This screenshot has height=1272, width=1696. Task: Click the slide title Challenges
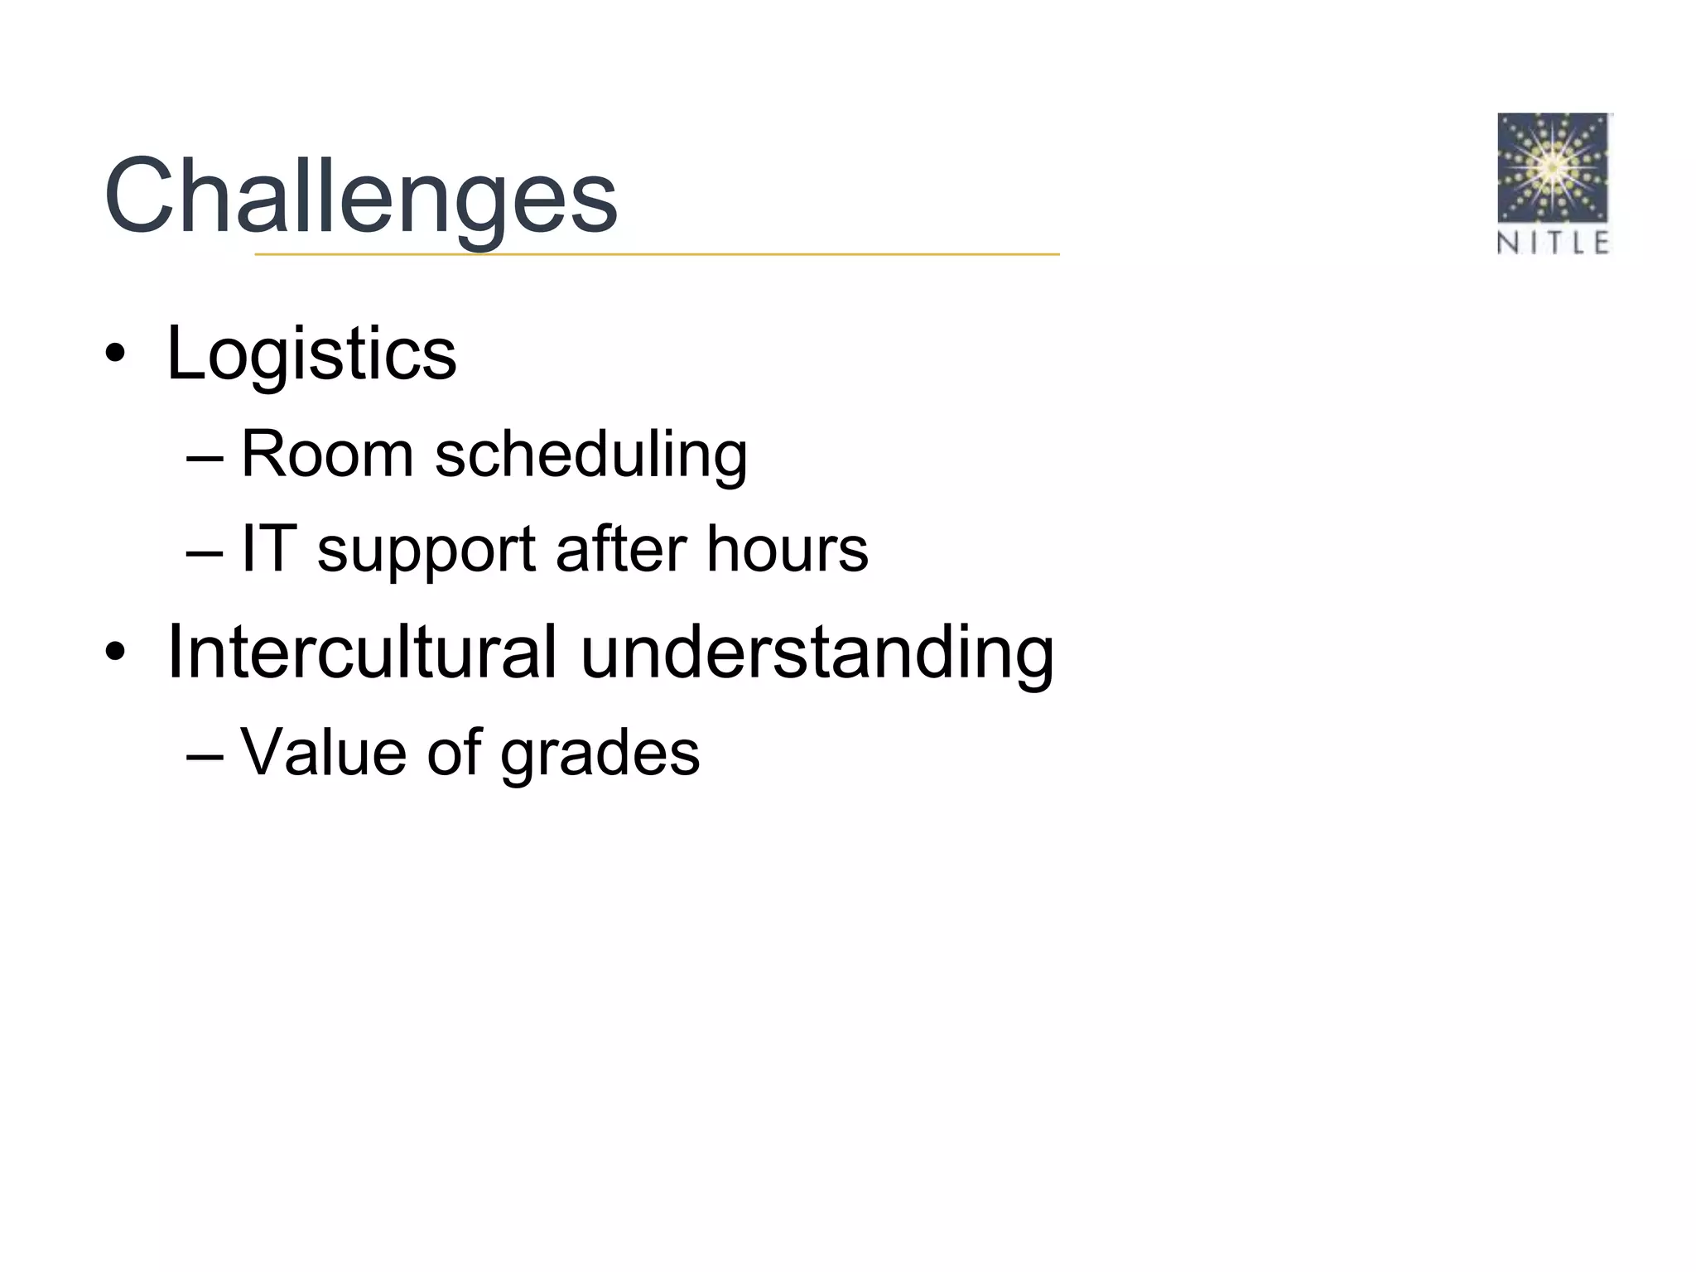[x=361, y=197]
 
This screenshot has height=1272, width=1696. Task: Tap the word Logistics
[x=311, y=354]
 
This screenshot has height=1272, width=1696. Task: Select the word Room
[x=327, y=454]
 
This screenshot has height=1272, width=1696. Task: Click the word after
[x=621, y=548]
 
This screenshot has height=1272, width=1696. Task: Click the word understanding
[x=817, y=654]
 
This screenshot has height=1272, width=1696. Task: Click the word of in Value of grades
[x=455, y=752]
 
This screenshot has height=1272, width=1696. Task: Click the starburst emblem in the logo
[x=1553, y=169]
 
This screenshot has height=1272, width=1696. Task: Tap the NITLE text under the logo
[x=1553, y=243]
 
